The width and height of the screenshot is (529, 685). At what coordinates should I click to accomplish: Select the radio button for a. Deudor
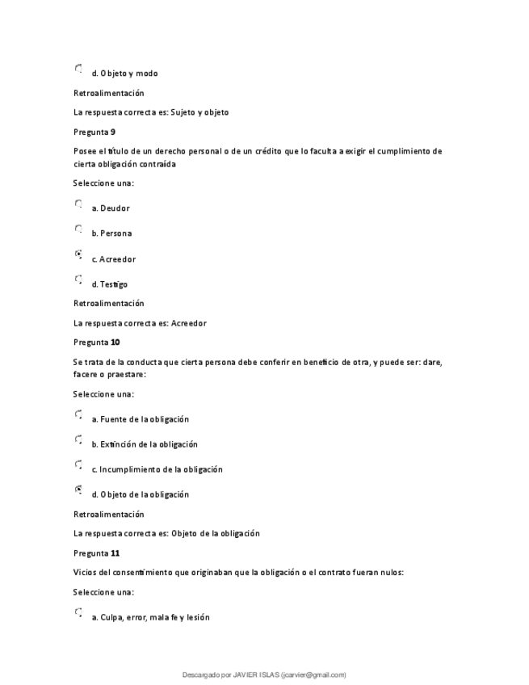pyautogui.click(x=78, y=205)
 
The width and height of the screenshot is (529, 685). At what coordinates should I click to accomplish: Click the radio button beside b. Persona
pyautogui.click(x=78, y=230)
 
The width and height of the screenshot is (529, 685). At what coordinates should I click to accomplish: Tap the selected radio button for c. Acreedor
pyautogui.click(x=78, y=255)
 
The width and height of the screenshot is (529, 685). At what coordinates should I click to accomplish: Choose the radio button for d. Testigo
pyautogui.click(x=78, y=280)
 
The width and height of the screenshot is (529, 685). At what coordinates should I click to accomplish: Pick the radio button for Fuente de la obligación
pyautogui.click(x=78, y=415)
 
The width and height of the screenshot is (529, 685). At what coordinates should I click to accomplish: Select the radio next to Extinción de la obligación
pyautogui.click(x=78, y=440)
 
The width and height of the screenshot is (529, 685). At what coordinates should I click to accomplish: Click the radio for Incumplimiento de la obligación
pyautogui.click(x=78, y=465)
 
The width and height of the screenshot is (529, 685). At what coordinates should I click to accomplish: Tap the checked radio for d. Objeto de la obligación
pyautogui.click(x=78, y=490)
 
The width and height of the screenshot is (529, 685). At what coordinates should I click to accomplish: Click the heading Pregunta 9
pyautogui.click(x=94, y=132)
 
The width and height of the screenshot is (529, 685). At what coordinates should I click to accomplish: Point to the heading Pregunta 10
pyautogui.click(x=96, y=342)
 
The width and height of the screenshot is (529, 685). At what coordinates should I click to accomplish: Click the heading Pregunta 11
pyautogui.click(x=96, y=553)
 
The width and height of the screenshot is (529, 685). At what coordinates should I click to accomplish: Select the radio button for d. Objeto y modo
pyautogui.click(x=78, y=69)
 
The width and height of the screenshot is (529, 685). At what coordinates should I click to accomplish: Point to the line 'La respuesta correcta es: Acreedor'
pyautogui.click(x=140, y=323)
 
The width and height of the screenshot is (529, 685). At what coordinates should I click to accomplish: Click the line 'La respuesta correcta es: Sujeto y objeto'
pyautogui.click(x=151, y=112)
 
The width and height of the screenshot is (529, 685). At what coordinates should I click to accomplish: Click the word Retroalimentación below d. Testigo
pyautogui.click(x=109, y=304)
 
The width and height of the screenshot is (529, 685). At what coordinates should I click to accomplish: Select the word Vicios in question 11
pyautogui.click(x=85, y=573)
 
